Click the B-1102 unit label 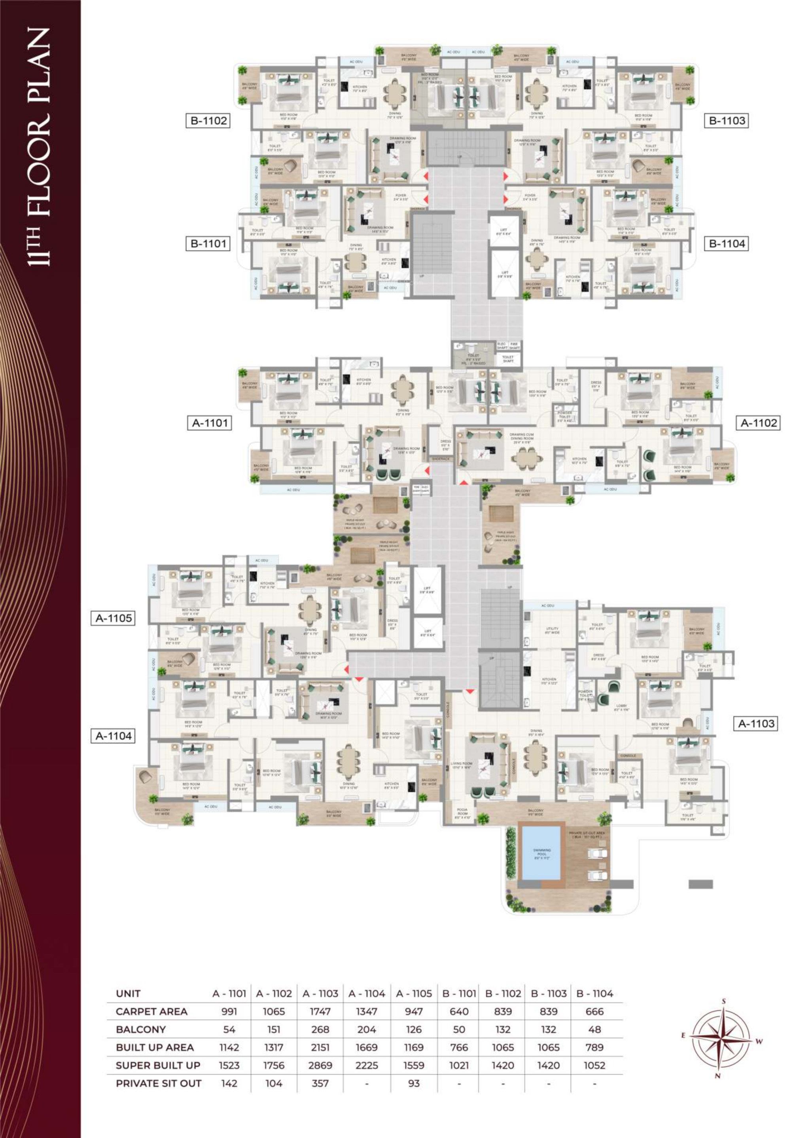[x=208, y=120]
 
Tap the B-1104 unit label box [x=726, y=244]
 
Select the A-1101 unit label [x=210, y=423]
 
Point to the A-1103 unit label [x=755, y=724]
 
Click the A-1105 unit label [x=114, y=618]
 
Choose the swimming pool [x=541, y=852]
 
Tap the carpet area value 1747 [x=320, y=1012]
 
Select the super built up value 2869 [x=320, y=1065]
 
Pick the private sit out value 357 [x=320, y=1083]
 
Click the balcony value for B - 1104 [x=594, y=1030]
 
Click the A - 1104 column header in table [x=367, y=993]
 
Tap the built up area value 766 [x=459, y=1047]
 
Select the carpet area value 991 [x=229, y=1012]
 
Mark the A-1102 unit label [x=758, y=423]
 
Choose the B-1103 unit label [x=726, y=120]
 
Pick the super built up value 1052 [x=594, y=1065]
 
